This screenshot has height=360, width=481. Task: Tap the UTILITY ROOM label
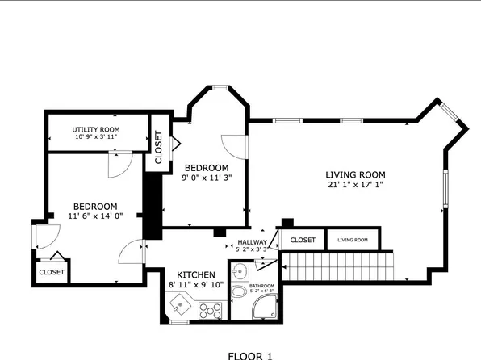(x=96, y=129)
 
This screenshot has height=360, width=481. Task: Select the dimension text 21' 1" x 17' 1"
(x=355, y=185)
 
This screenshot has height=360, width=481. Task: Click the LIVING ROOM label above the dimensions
(x=355, y=174)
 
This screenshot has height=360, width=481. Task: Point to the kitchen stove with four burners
(x=209, y=309)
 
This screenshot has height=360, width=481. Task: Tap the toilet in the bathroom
(x=240, y=293)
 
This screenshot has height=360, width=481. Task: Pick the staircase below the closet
(x=340, y=263)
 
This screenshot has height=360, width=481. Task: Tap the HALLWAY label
(x=251, y=241)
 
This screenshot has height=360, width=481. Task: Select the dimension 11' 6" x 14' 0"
(x=95, y=216)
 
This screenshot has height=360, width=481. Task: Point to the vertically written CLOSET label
(x=158, y=149)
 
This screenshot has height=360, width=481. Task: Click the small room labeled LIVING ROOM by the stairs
(x=352, y=240)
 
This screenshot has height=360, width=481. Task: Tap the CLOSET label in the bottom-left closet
(x=52, y=273)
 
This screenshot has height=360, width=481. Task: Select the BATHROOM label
(x=261, y=286)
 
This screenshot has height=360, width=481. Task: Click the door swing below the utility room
(x=117, y=166)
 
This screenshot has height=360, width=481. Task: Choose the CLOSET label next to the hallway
(x=303, y=240)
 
